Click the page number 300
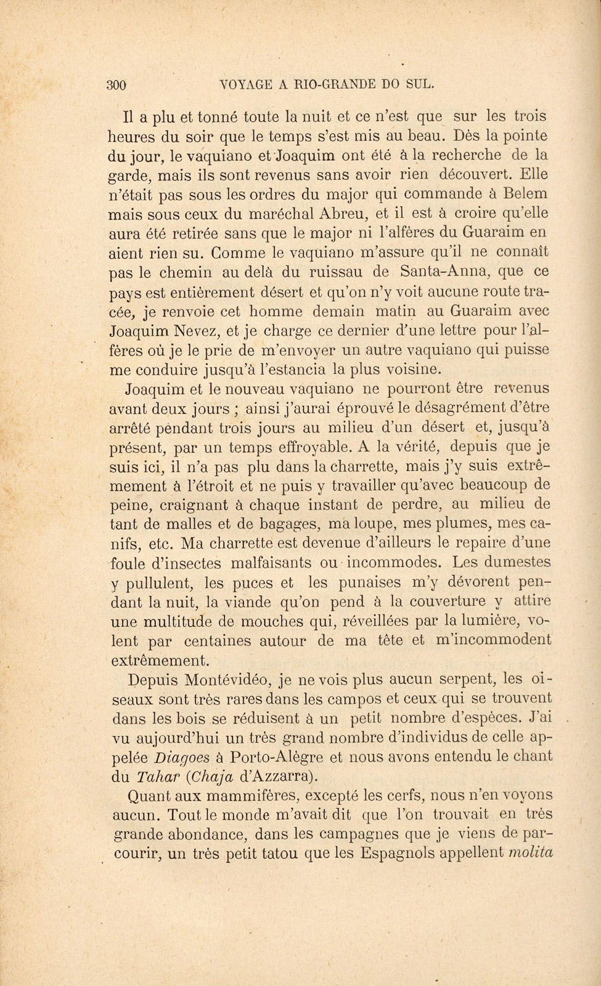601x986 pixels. [x=117, y=86]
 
